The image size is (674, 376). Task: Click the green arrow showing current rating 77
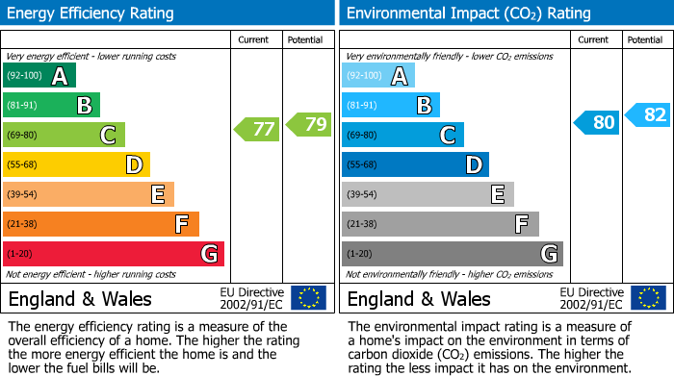click(256, 128)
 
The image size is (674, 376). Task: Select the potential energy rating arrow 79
click(308, 124)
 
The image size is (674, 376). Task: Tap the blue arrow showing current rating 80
click(597, 122)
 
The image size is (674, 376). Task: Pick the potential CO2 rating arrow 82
click(648, 115)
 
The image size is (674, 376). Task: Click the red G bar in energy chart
click(114, 254)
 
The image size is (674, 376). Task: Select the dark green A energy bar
click(39, 76)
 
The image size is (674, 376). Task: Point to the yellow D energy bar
click(77, 165)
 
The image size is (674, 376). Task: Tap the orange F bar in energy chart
click(101, 224)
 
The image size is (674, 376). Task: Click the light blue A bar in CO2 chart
click(378, 76)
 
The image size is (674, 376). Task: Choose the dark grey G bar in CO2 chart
click(453, 254)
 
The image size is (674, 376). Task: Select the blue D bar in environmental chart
click(415, 165)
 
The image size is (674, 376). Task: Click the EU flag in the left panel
click(308, 298)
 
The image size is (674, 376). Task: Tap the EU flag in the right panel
click(648, 298)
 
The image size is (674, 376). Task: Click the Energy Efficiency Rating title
click(91, 13)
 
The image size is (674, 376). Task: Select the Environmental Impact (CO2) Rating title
click(468, 13)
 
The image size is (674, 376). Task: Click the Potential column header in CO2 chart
click(645, 39)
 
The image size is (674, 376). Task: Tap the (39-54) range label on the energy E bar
click(22, 195)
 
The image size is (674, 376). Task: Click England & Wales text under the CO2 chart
click(419, 299)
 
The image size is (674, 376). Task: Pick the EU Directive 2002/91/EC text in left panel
click(252, 298)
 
